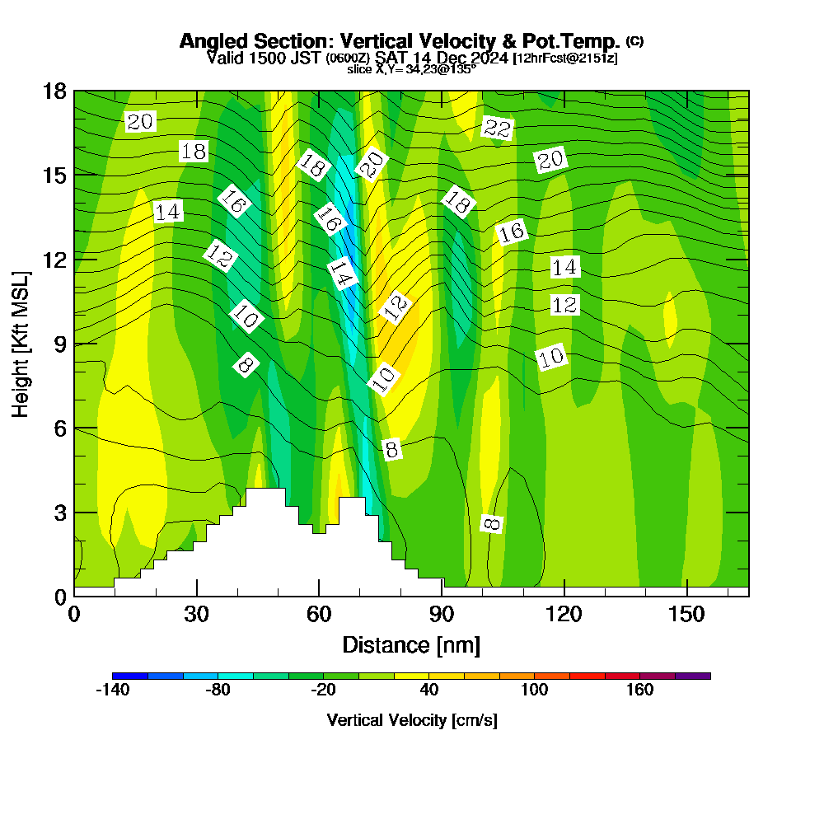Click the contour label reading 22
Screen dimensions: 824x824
click(x=498, y=128)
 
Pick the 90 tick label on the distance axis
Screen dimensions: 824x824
click(x=442, y=614)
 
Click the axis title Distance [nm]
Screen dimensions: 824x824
click(x=411, y=644)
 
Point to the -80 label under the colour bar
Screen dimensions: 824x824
click(x=218, y=691)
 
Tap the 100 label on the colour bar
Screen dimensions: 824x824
click(x=535, y=691)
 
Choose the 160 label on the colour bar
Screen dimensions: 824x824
click(x=640, y=691)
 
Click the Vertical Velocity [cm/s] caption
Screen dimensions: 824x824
click(x=411, y=720)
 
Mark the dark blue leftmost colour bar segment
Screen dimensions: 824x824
click(x=130, y=676)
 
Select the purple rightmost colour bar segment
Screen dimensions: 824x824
click(x=693, y=676)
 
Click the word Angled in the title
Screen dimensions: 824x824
click(x=213, y=41)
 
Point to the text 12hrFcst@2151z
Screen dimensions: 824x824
click(x=565, y=59)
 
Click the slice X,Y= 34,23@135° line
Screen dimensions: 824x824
click(x=411, y=70)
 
